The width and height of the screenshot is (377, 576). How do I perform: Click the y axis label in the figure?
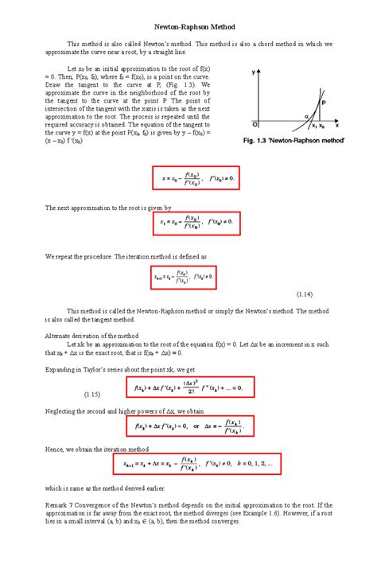[x=255, y=72]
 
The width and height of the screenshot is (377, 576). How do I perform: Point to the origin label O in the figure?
[x=255, y=125]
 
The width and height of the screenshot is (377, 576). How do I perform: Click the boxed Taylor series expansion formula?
[x=190, y=387]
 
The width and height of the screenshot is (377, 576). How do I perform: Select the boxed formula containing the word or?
[x=190, y=426]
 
